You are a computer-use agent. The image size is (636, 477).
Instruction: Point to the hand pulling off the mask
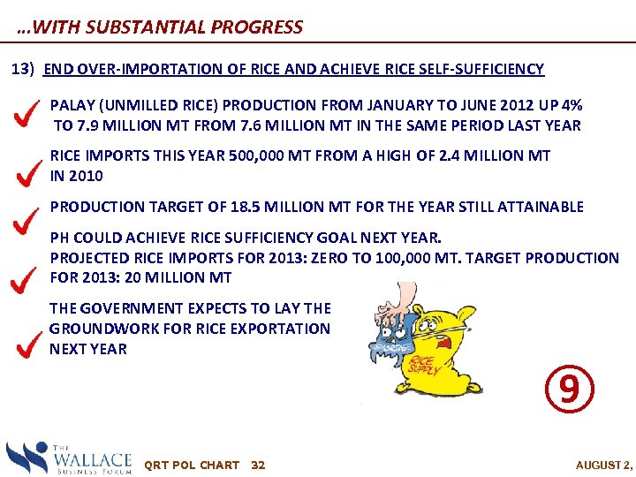(x=389, y=306)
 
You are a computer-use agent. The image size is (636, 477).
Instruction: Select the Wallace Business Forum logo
(x=69, y=458)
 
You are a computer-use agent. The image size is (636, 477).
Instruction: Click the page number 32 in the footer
(x=258, y=465)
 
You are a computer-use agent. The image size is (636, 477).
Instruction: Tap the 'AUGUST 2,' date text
(x=603, y=465)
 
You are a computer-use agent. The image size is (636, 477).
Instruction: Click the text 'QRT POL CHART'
(x=191, y=465)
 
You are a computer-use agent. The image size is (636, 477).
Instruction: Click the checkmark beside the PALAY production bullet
(x=29, y=114)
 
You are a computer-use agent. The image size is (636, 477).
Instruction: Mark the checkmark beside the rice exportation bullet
(x=29, y=343)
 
